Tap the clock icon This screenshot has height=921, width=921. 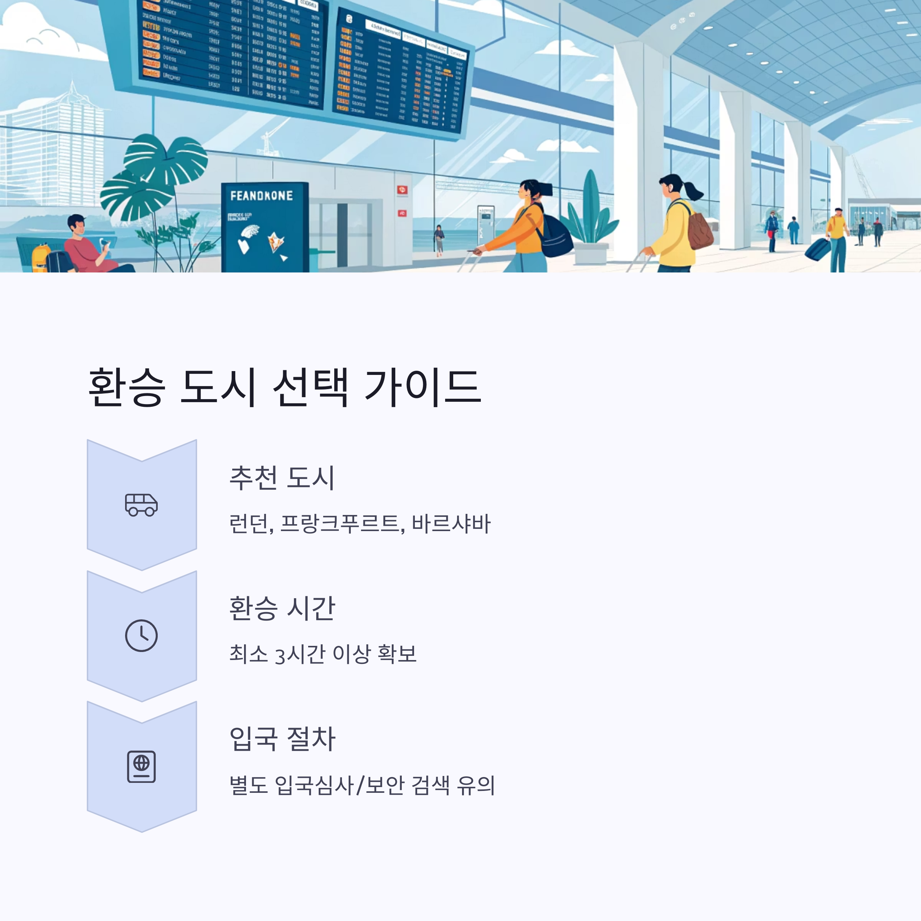[141, 635]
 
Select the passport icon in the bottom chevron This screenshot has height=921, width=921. [141, 767]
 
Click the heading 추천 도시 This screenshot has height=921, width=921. [282, 478]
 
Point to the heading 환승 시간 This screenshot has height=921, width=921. [282, 608]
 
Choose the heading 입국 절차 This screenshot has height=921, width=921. [282, 739]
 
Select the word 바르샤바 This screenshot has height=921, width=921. [451, 523]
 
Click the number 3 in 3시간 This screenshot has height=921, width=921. [280, 655]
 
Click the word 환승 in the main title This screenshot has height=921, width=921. [127, 387]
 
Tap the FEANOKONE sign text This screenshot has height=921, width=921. [261, 195]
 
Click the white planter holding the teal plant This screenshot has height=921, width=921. [591, 253]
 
